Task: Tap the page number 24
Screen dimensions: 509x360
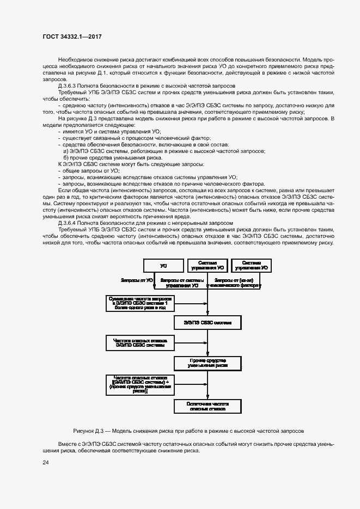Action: coord(46,462)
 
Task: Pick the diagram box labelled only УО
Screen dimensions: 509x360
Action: coord(163,266)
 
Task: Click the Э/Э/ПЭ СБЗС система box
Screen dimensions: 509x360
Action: coord(208,323)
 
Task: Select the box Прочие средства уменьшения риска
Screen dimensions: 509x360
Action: coord(208,363)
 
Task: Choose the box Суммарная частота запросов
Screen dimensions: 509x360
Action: coord(139,303)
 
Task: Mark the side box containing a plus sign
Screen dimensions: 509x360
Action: coord(139,384)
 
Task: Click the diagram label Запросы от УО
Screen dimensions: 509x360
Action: coord(136,280)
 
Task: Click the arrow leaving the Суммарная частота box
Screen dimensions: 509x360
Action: coord(191,303)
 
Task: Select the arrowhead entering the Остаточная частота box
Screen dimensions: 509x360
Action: coord(208,398)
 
